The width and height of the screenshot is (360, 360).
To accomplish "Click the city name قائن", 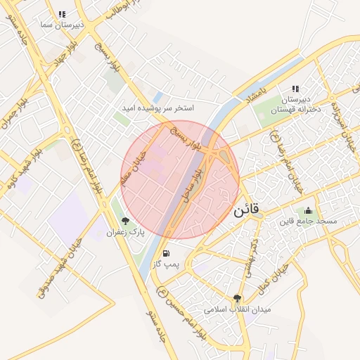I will point(245,209).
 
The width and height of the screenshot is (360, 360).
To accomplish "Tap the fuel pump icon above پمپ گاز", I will point(165,253).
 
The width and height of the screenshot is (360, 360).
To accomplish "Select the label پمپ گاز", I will point(167,265).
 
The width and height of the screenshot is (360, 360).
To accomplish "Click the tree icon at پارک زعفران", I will point(126,220).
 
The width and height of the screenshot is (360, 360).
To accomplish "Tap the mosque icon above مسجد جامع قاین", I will point(308,210).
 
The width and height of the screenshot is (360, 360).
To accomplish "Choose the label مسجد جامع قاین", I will point(308,221).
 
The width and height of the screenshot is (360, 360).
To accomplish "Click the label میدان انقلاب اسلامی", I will point(238,309).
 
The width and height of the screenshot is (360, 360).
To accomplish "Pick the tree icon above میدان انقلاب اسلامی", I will point(237,297).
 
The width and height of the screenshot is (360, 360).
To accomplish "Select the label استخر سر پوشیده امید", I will point(157,108).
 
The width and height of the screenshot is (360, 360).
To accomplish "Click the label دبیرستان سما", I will point(63,25).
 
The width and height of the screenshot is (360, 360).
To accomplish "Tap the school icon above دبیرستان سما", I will point(63,13).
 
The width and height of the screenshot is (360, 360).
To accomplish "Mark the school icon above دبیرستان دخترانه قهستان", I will point(295,89).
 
